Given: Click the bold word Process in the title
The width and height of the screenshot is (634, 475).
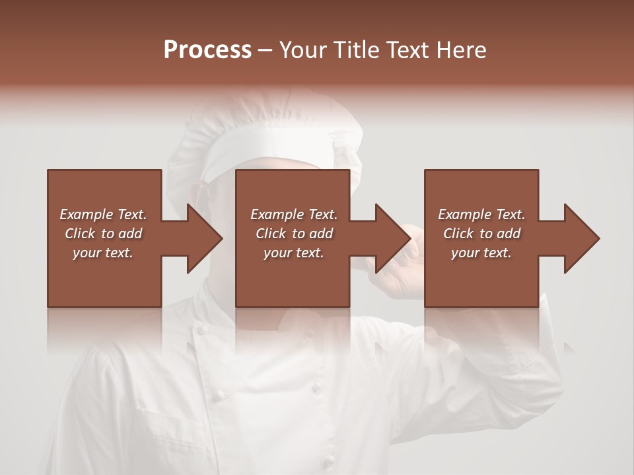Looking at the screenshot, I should tap(207, 50).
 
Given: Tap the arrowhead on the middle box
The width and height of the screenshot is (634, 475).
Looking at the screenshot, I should tap(392, 238).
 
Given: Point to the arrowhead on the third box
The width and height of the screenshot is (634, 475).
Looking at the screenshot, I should tap(581, 238).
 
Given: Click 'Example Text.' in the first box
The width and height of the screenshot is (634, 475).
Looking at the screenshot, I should tap(103, 214).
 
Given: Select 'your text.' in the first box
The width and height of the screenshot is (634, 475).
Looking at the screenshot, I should tap(103, 253).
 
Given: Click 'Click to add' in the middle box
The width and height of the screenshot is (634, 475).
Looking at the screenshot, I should tap(294, 234).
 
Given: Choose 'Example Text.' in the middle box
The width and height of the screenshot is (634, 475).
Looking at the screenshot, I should tap(294, 214).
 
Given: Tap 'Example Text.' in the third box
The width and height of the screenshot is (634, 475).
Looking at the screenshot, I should tap(481, 214).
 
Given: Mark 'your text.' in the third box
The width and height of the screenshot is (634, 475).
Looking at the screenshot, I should tap(481, 253).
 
